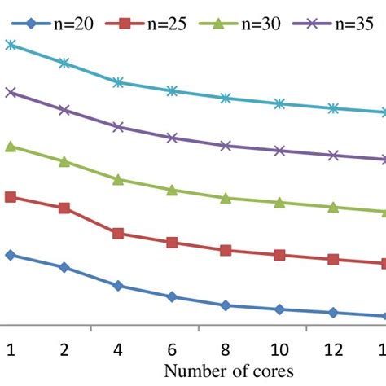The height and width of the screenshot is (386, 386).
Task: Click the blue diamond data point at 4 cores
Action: (x=118, y=286)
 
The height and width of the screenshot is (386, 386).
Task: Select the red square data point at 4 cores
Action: (x=118, y=234)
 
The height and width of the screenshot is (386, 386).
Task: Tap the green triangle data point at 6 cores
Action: (x=172, y=190)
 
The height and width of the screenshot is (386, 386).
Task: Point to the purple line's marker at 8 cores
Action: (x=226, y=146)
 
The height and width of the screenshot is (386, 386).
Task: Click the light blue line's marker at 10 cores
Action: (x=279, y=103)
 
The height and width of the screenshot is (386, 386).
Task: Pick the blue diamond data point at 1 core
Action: (x=11, y=255)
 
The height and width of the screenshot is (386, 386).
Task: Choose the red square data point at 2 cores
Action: (x=64, y=208)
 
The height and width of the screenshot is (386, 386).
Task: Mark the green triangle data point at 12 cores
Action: (x=333, y=207)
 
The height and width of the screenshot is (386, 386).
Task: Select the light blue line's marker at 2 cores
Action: (x=64, y=63)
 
